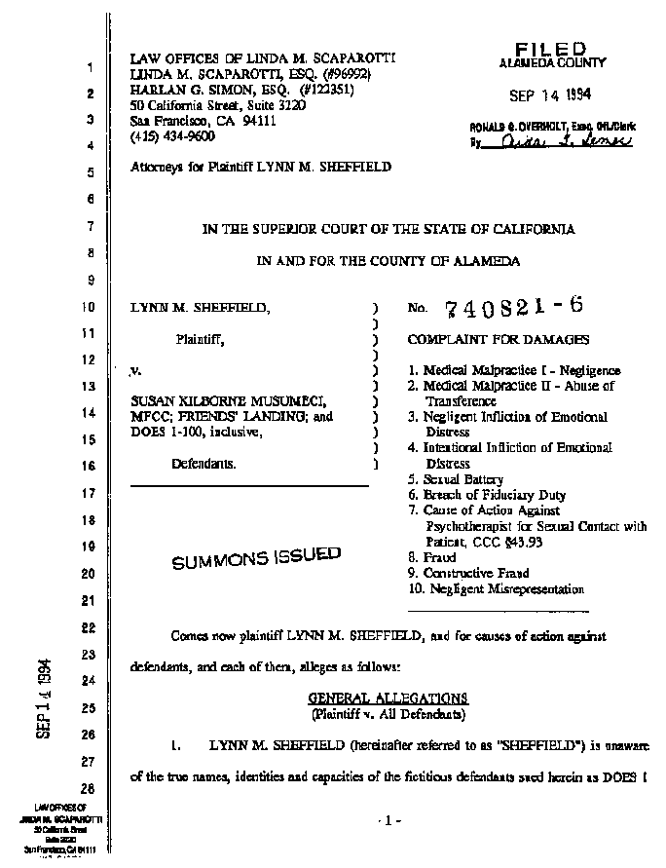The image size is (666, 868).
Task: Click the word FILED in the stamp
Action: pos(550,48)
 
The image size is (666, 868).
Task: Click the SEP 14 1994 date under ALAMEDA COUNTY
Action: pos(551,95)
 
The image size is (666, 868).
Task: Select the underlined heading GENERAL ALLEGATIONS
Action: pos(388,698)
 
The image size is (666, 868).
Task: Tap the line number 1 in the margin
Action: pos(89,69)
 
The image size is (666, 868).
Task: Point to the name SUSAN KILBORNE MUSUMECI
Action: pos(222,401)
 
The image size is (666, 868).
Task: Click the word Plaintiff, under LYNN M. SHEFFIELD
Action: pos(201,340)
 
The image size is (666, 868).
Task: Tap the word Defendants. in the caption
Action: pos(203,465)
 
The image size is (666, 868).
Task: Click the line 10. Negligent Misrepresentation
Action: pos(497,589)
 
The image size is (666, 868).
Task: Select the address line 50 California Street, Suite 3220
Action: pos(218,105)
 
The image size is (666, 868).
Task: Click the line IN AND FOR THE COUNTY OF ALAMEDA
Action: pos(388,261)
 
